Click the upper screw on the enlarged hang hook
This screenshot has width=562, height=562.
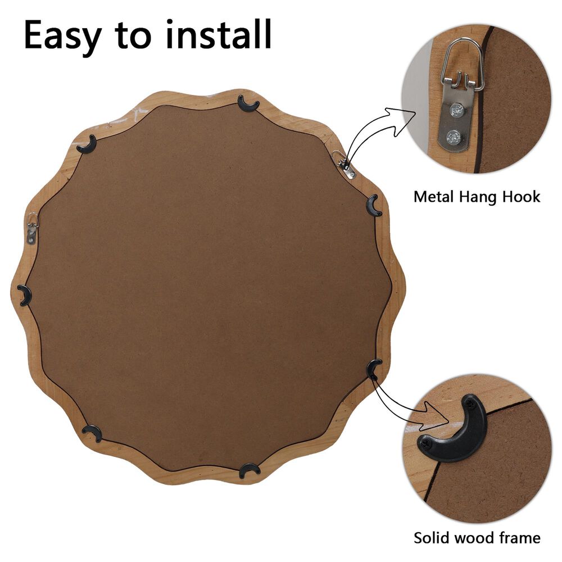tap(457, 110)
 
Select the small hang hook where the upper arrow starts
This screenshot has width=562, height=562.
tap(344, 164)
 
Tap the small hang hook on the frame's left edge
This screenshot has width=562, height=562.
tap(31, 228)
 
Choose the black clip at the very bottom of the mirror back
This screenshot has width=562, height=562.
tap(249, 470)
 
